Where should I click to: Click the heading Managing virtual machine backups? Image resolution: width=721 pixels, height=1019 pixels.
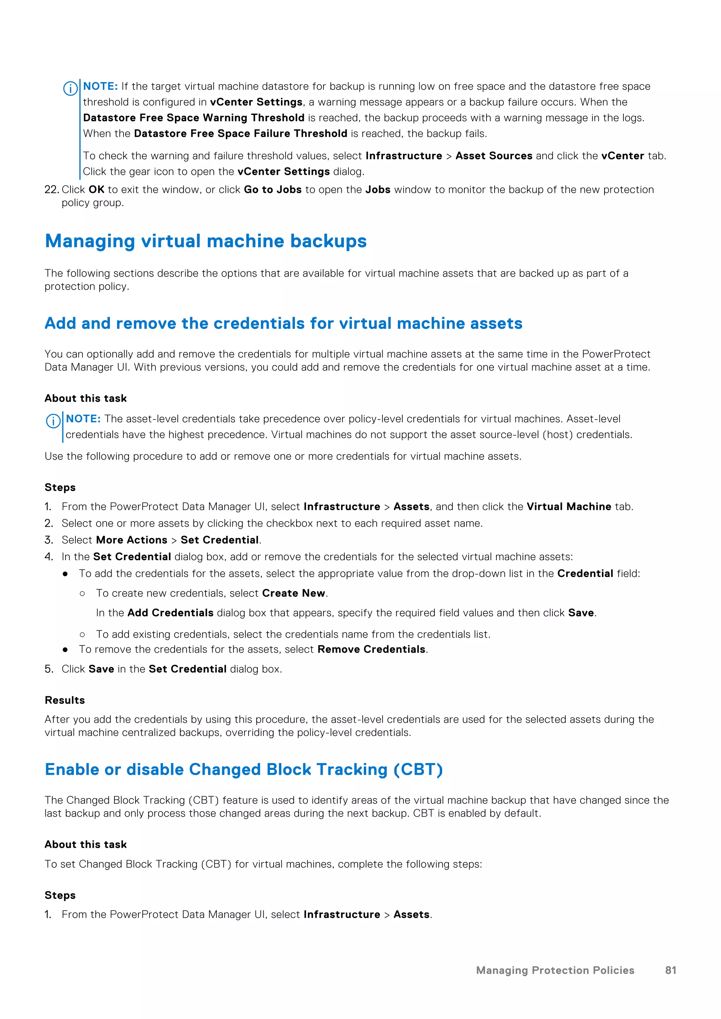206,241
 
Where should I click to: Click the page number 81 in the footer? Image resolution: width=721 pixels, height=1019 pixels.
670,970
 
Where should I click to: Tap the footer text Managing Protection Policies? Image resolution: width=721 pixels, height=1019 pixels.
555,970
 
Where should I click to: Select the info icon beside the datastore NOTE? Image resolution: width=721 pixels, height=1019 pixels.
70,89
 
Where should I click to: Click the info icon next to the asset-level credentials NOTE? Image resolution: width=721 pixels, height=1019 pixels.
53,421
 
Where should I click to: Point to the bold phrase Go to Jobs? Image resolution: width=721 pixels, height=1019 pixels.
272,190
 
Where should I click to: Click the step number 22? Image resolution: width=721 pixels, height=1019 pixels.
51,190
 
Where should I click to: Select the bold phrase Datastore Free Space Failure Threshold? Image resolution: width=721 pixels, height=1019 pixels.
240,134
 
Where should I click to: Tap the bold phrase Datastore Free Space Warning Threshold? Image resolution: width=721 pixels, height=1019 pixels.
194,118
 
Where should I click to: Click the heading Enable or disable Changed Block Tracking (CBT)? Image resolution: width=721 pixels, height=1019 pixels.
244,769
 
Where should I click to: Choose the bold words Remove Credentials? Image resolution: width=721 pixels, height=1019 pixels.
371,649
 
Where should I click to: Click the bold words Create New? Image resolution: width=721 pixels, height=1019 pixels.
294,593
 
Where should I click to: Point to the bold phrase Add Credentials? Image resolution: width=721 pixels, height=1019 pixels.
170,613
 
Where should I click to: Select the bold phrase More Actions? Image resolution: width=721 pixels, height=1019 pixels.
131,540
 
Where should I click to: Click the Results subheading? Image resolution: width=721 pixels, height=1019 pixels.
65,700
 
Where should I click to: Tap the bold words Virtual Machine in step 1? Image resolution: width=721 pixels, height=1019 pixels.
569,507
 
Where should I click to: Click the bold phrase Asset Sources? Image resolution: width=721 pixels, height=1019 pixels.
494,156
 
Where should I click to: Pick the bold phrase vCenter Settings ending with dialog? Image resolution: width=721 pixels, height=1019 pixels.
283,172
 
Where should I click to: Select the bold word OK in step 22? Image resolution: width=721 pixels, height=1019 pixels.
96,190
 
